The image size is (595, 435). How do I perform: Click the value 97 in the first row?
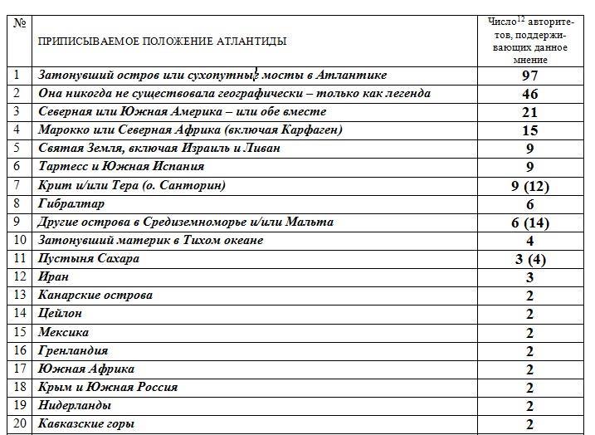(x=529, y=76)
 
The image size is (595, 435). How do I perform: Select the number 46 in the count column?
(x=529, y=95)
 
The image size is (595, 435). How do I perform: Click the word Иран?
(x=53, y=276)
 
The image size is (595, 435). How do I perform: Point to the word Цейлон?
(x=60, y=314)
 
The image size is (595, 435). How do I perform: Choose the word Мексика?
(x=64, y=332)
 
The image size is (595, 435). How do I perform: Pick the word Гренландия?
(x=73, y=350)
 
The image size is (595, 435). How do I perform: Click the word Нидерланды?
(x=75, y=405)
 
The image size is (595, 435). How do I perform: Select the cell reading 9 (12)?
(x=530, y=186)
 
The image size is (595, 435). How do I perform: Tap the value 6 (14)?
(x=530, y=222)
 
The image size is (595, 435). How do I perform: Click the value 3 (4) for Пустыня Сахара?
(x=530, y=259)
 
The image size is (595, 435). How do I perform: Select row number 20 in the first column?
(x=20, y=423)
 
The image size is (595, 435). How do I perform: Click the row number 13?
(x=20, y=295)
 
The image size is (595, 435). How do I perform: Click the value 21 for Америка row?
(x=529, y=113)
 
